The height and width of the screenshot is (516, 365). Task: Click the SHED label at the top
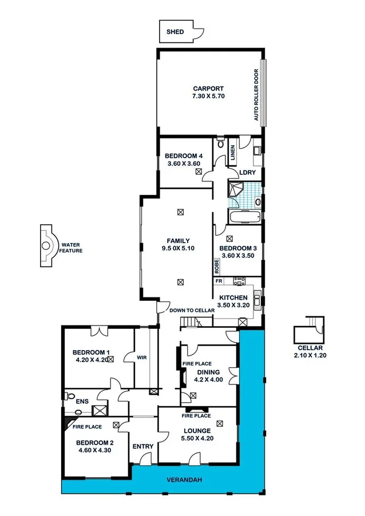point(175,32)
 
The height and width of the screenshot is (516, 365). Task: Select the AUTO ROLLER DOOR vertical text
point(257,95)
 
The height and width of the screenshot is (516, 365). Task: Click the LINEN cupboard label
point(233,152)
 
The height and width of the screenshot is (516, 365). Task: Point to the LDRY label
point(248,172)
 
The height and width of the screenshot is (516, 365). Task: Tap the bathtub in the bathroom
point(243,216)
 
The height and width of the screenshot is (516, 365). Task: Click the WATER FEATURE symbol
point(46,247)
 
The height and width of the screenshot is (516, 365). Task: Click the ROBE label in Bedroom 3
point(217,266)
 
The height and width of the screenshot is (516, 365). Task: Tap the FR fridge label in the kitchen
point(219,281)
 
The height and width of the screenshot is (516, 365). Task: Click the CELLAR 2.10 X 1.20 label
point(310,352)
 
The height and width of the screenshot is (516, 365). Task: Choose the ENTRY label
point(141,446)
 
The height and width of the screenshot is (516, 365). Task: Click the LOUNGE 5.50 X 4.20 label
point(197,434)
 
